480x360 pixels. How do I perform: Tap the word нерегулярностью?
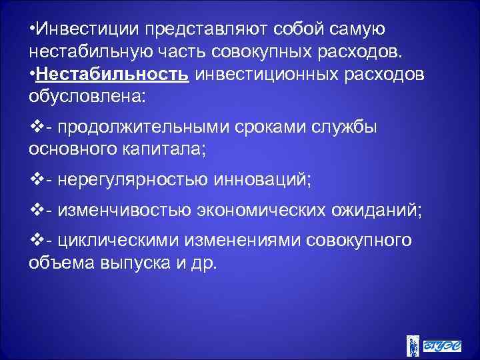point(135,178)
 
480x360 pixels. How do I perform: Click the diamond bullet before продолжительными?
point(37,127)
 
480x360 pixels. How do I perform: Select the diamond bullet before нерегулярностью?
point(37,178)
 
